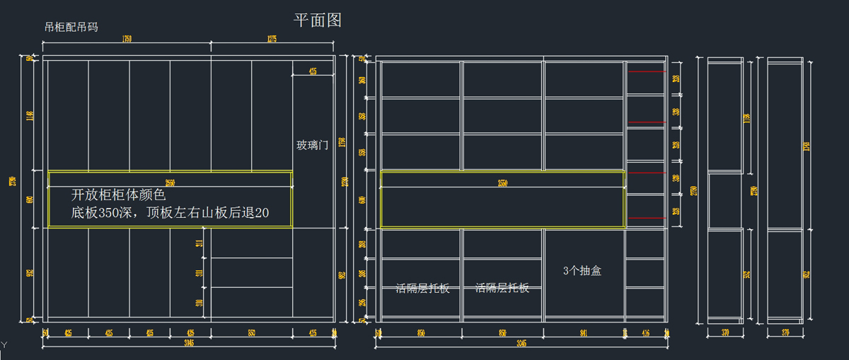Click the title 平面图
(x=318, y=20)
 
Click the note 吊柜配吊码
(x=71, y=28)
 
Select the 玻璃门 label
(x=312, y=145)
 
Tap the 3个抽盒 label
(x=582, y=270)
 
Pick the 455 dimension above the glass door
(x=313, y=71)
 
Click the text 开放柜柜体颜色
(x=118, y=194)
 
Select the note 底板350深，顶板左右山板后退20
(x=170, y=212)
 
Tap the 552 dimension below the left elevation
(x=251, y=332)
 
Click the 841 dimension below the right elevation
(x=584, y=332)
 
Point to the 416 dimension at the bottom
(x=645, y=332)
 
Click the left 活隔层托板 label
(x=422, y=288)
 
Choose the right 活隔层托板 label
(x=502, y=288)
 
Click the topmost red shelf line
(x=646, y=71)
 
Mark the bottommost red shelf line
(x=646, y=217)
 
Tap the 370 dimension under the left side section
(x=725, y=332)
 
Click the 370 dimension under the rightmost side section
(x=785, y=332)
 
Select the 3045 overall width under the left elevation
(x=189, y=343)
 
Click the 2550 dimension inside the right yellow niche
(x=502, y=183)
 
